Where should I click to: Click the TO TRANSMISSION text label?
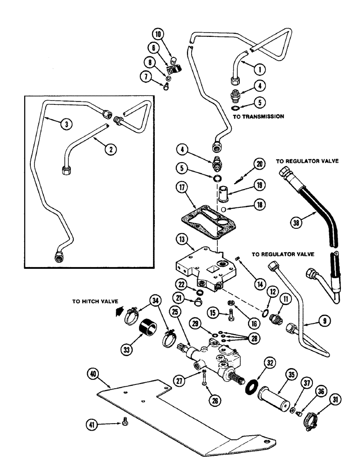point(258,116)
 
